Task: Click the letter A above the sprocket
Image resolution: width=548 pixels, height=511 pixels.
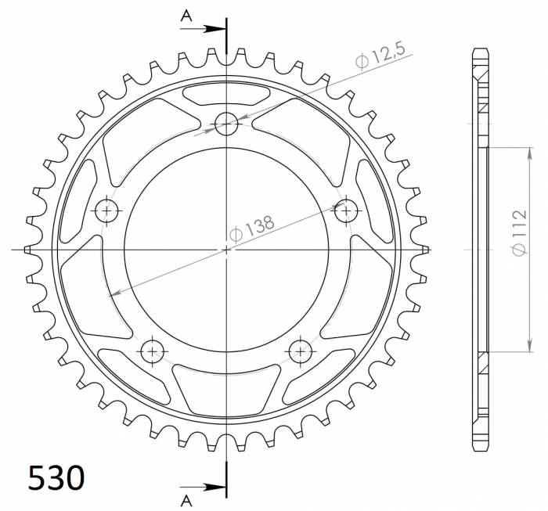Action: (x=186, y=16)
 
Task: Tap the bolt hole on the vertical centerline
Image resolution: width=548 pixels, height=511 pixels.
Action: (x=227, y=122)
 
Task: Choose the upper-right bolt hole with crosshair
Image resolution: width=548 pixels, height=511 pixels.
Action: (x=346, y=209)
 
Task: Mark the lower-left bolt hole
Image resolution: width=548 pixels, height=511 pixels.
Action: (x=152, y=351)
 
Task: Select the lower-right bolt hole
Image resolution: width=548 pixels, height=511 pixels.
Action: (x=301, y=351)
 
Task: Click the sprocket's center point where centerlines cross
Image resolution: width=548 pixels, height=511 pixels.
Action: (x=227, y=250)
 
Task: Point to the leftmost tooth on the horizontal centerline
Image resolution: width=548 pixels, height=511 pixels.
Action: (x=31, y=250)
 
